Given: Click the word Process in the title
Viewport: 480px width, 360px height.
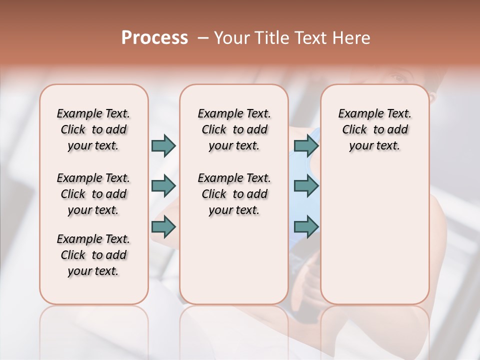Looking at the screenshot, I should [154, 38].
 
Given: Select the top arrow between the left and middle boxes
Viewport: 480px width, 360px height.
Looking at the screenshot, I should [163, 145].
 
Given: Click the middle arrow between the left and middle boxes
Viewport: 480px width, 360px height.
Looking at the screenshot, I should [163, 186].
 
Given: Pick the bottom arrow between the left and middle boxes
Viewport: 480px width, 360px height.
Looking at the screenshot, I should [163, 227].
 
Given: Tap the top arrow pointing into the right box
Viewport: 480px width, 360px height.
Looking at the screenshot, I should [306, 145].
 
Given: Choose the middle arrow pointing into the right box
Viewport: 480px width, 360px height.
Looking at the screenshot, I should [306, 186].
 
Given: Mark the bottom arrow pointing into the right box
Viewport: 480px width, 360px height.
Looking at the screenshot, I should [306, 227].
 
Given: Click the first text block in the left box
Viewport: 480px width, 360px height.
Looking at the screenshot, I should [93, 129].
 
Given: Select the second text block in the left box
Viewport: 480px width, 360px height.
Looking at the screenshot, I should [93, 194].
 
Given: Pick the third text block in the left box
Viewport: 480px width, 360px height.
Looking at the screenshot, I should [93, 255].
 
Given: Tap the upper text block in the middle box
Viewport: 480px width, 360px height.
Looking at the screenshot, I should [234, 129].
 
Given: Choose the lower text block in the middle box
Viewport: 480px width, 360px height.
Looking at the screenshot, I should [234, 194].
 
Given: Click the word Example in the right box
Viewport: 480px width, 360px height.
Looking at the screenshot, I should [357, 114].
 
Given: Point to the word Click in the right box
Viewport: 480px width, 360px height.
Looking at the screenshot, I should [354, 130].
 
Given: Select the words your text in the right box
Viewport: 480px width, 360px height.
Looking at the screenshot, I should [374, 146].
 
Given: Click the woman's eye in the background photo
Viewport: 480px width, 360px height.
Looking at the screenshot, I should [398, 77].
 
